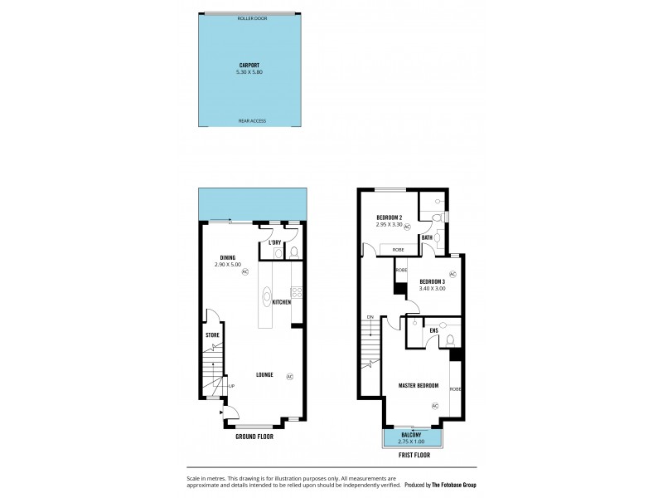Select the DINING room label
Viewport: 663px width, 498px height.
[x=228, y=256]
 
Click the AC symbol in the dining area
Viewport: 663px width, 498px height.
[x=244, y=271]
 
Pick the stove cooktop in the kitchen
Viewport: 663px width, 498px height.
[x=297, y=291]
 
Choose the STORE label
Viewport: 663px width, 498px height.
[x=212, y=334]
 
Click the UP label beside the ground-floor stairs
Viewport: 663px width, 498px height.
[x=231, y=386]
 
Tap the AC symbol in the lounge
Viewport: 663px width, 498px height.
[x=289, y=376]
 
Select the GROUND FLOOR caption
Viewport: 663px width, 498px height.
[x=254, y=436]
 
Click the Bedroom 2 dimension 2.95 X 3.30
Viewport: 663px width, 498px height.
[x=389, y=224]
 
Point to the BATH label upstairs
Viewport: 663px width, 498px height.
[x=427, y=237]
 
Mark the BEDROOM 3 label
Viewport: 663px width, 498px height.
[x=433, y=281]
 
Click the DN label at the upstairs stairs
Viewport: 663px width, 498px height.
[x=370, y=316]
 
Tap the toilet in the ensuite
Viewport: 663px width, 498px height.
[x=448, y=339]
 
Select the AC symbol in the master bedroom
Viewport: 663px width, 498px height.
[x=434, y=405]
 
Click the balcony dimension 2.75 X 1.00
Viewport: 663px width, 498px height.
[x=411, y=441]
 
